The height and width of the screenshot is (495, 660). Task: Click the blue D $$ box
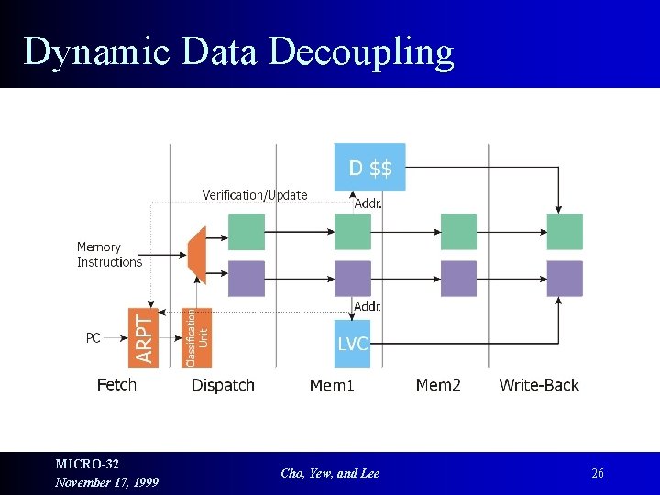point(369,167)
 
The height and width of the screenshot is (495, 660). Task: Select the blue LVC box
point(352,343)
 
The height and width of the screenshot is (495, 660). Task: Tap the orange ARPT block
point(144,337)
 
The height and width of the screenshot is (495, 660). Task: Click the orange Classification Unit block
point(197,337)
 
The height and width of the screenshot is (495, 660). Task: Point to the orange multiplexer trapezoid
point(196,254)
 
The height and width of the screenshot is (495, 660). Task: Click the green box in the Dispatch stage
point(246,232)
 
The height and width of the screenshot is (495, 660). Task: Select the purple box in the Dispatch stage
point(246,279)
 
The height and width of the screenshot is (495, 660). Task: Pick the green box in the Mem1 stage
point(352,232)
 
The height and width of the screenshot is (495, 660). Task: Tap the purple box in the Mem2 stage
point(458,279)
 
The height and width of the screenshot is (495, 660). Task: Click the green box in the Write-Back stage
point(565,232)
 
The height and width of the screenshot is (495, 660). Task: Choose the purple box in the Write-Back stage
point(565,279)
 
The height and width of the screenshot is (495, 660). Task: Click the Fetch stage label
point(116,385)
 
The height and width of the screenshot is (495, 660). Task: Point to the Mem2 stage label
point(438,385)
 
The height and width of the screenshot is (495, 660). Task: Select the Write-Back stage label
point(539,385)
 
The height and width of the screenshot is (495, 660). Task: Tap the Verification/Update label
point(255,194)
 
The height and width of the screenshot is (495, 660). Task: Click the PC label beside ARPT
point(93,338)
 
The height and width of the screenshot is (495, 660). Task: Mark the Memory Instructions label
point(109,255)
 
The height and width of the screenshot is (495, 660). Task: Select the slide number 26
point(598,474)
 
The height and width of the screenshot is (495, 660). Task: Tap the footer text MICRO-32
point(87,465)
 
